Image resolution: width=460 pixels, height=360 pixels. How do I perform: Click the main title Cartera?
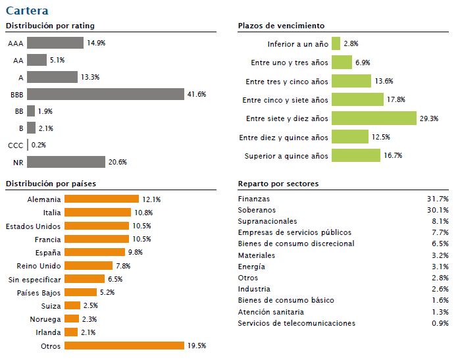click(x=26, y=11)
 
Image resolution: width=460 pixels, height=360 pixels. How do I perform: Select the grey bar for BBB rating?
click(x=105, y=94)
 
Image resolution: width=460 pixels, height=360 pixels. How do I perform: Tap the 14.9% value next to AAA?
click(x=96, y=43)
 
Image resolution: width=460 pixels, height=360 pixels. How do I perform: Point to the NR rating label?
click(x=18, y=162)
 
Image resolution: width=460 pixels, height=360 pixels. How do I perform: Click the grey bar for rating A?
click(x=52, y=77)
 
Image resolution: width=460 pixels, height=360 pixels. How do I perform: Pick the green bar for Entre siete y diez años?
click(x=374, y=118)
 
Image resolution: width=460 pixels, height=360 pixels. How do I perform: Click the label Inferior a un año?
click(x=297, y=44)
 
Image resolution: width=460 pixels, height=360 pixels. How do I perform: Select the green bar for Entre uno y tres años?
click(x=342, y=63)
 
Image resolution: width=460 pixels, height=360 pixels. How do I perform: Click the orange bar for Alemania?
click(x=102, y=199)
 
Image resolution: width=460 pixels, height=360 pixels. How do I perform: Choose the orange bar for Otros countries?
click(x=124, y=346)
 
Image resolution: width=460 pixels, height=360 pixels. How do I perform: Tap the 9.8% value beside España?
click(x=135, y=252)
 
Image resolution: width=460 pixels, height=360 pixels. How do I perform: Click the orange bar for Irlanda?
click(x=72, y=332)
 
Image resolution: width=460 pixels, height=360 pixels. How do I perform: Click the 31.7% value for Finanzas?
click(x=437, y=199)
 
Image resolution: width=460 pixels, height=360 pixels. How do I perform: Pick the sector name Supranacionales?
click(x=267, y=221)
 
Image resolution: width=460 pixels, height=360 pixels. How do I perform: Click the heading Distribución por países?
click(x=51, y=184)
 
